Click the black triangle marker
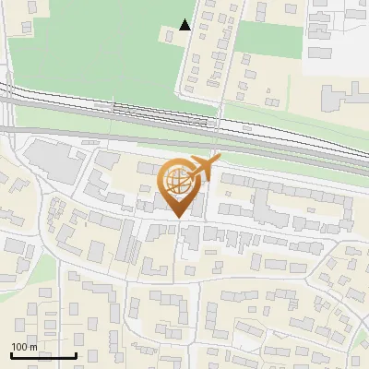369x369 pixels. [x=185, y=25]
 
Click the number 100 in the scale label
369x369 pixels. [x=21, y=347]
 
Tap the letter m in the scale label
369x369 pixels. [x=34, y=347]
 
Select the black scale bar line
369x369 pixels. [x=42, y=355]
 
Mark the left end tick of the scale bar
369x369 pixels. [x=11, y=353]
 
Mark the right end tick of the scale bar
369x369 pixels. [x=75, y=353]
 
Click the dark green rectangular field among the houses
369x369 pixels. [x=271, y=40]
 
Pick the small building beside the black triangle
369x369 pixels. [x=170, y=35]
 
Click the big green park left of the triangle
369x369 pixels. [x=92, y=46]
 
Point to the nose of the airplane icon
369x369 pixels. [x=220, y=161]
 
